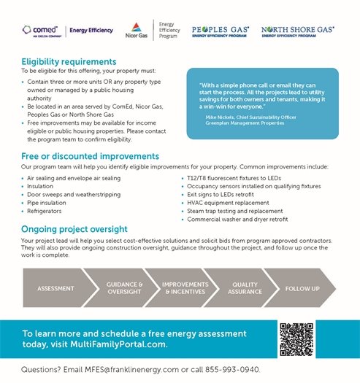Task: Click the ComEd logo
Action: tap(42, 31)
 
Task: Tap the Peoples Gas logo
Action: tap(220, 31)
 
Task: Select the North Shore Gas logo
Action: tap(297, 31)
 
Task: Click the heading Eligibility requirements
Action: tap(69, 62)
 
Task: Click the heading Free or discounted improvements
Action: tap(90, 156)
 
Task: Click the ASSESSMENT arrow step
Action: tap(55, 288)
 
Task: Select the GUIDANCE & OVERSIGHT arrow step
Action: tap(125, 288)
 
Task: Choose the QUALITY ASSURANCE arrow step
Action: tap(245, 288)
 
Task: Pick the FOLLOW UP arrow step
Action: tap(302, 288)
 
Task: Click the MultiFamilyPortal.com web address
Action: tap(119, 344)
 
